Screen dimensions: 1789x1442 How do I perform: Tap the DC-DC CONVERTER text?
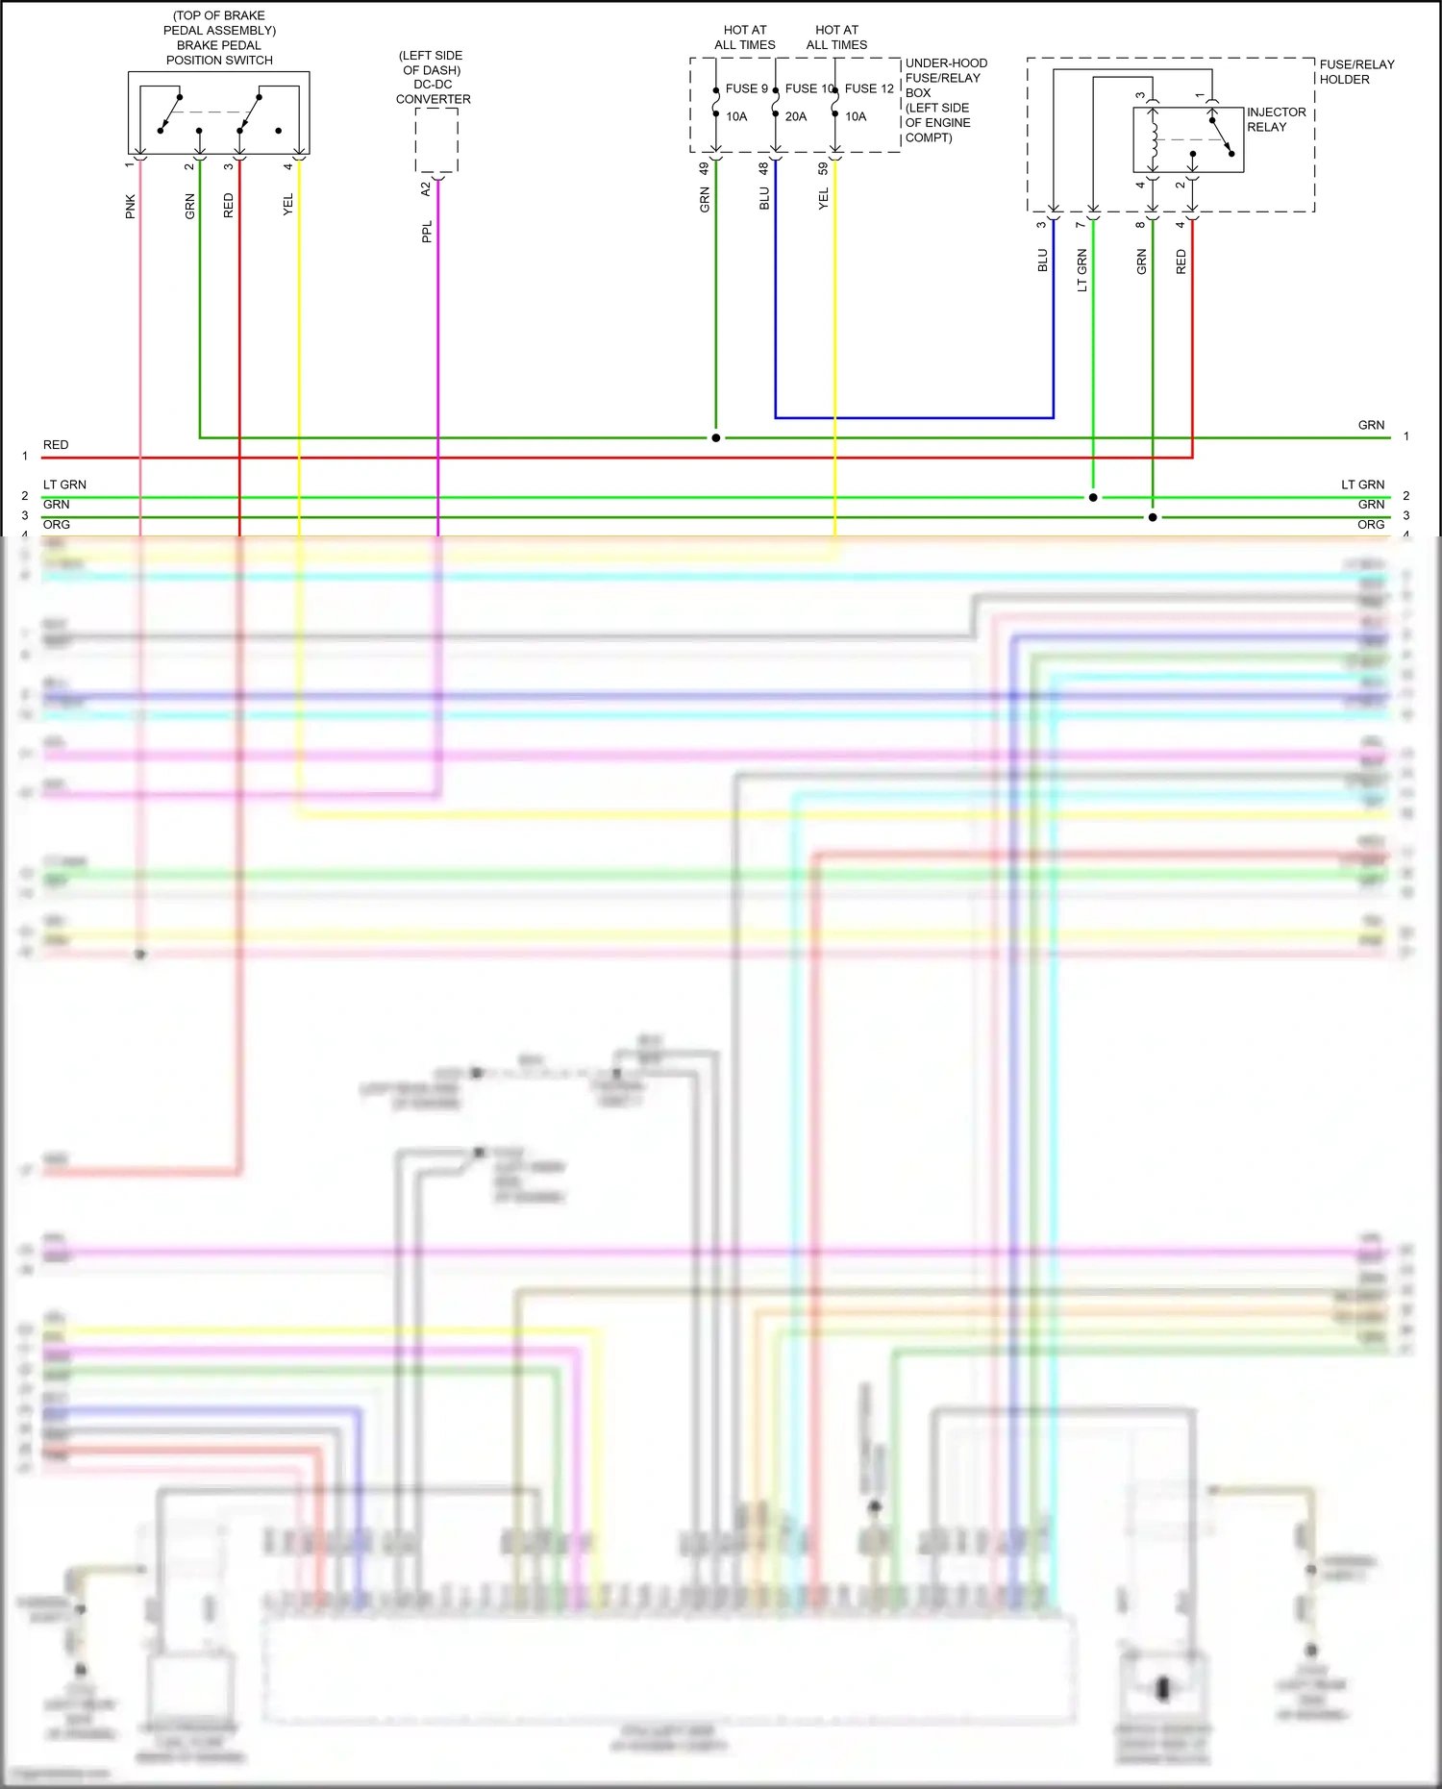point(433,91)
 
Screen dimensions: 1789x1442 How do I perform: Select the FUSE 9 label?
point(746,88)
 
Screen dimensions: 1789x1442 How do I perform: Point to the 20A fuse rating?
point(796,116)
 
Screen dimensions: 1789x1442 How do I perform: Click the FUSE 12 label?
point(869,88)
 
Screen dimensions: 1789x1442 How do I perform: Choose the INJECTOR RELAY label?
point(1276,119)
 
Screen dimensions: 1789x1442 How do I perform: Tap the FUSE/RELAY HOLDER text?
point(1355,72)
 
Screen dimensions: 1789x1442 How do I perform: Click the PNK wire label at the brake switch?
point(131,206)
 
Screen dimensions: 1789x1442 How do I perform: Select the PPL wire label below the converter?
point(427,232)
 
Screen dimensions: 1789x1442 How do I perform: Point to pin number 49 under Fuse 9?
point(704,167)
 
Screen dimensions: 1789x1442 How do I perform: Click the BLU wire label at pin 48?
point(764,198)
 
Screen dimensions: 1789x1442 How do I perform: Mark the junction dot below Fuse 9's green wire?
point(715,437)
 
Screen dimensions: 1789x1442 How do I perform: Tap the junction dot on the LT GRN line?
point(1093,497)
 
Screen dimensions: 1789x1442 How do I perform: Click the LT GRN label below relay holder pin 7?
point(1082,270)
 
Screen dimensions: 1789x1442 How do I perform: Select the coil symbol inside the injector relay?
point(1153,139)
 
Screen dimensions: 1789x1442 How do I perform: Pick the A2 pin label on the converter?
point(426,189)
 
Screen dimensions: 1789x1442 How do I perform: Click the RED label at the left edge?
point(56,445)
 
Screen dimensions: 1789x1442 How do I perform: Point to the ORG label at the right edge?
point(1371,525)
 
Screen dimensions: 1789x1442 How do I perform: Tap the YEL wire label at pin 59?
point(824,198)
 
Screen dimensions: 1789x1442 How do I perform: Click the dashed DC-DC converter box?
point(436,140)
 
